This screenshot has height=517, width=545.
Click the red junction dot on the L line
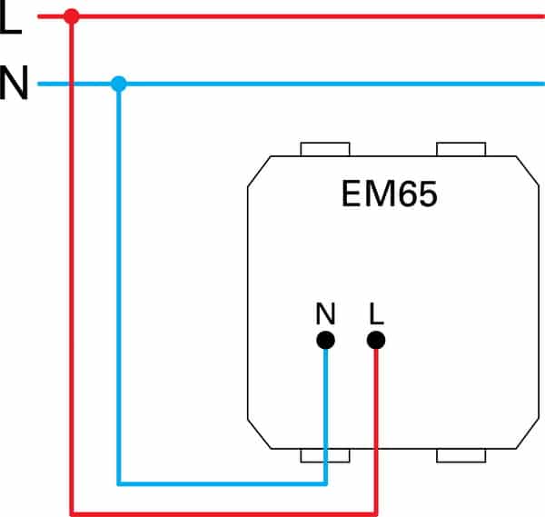coord(72,15)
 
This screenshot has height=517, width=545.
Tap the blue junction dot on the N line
coord(117,85)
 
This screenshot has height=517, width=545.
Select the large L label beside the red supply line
coord(11,19)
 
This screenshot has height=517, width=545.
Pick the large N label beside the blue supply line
coord(14,85)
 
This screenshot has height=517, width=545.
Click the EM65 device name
coord(390,195)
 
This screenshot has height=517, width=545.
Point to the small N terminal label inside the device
coord(325,314)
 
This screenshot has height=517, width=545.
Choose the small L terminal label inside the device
coord(376,314)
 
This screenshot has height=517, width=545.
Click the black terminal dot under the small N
coord(326,340)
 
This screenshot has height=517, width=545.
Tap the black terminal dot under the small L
coord(376,340)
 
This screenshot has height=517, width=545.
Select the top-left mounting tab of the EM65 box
coord(325,148)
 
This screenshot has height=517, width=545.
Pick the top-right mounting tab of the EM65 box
coord(461,148)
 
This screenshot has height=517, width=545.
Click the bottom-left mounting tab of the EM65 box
coord(325,454)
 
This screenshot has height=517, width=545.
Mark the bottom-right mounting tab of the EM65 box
coord(461,454)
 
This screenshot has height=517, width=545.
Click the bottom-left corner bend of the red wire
coord(72,512)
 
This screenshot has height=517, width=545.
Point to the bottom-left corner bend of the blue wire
coord(117,482)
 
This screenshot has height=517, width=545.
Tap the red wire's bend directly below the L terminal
coord(376,512)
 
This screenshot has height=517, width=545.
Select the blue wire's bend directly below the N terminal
coord(326,482)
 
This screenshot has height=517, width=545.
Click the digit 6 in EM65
coord(404,195)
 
